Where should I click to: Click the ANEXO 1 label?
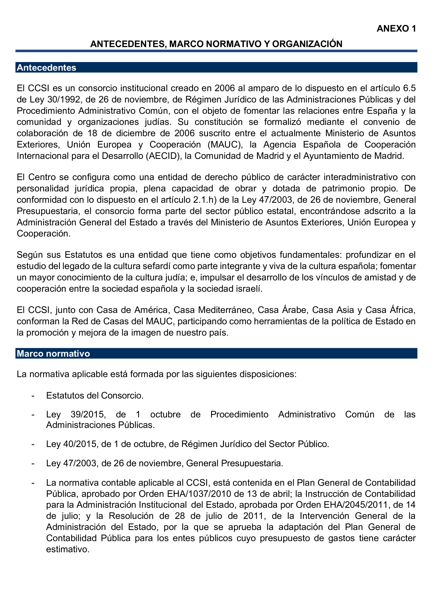tap(396, 28)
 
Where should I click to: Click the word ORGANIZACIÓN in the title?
tap(307, 43)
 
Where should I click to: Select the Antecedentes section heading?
tap(47, 68)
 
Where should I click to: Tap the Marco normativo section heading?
tap(53, 353)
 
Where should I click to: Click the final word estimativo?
tap(68, 549)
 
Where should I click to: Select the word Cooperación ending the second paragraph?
tap(43, 234)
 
